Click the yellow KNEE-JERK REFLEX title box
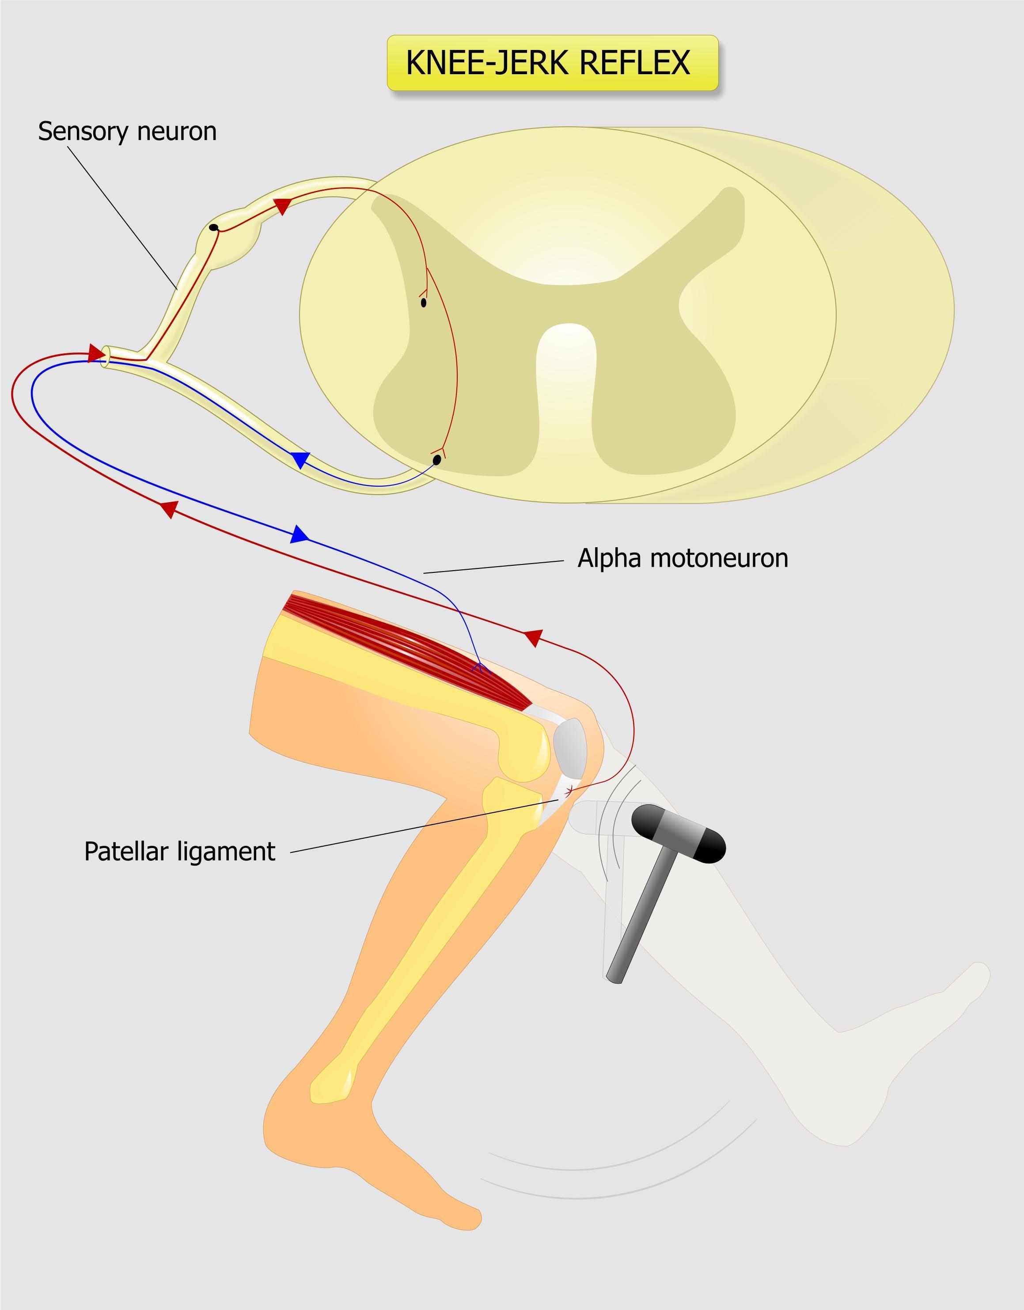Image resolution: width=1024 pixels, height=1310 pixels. [552, 63]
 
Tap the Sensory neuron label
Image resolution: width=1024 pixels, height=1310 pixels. [127, 131]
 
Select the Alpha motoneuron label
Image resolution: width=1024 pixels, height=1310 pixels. [682, 558]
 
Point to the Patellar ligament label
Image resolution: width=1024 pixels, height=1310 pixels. [179, 852]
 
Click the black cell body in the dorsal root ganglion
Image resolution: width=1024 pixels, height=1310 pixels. [213, 227]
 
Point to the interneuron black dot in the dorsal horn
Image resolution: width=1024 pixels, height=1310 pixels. [424, 303]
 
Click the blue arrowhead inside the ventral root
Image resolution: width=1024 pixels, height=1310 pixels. [300, 460]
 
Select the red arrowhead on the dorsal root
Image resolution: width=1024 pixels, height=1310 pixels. [282, 206]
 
